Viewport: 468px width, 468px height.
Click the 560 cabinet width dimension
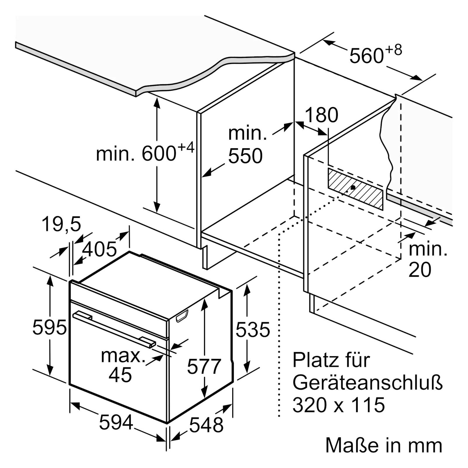click(x=367, y=56)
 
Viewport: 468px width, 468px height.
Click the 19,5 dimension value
click(x=61, y=224)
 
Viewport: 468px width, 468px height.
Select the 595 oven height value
click(x=49, y=327)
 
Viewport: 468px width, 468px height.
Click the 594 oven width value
click(x=116, y=422)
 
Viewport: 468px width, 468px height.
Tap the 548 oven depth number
click(x=207, y=425)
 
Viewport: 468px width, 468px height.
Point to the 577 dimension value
click(x=204, y=366)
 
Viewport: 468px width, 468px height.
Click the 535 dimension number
click(x=253, y=329)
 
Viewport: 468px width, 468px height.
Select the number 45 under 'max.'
click(x=120, y=374)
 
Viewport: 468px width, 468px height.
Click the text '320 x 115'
click(x=339, y=405)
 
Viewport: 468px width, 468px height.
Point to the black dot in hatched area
click(x=353, y=187)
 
